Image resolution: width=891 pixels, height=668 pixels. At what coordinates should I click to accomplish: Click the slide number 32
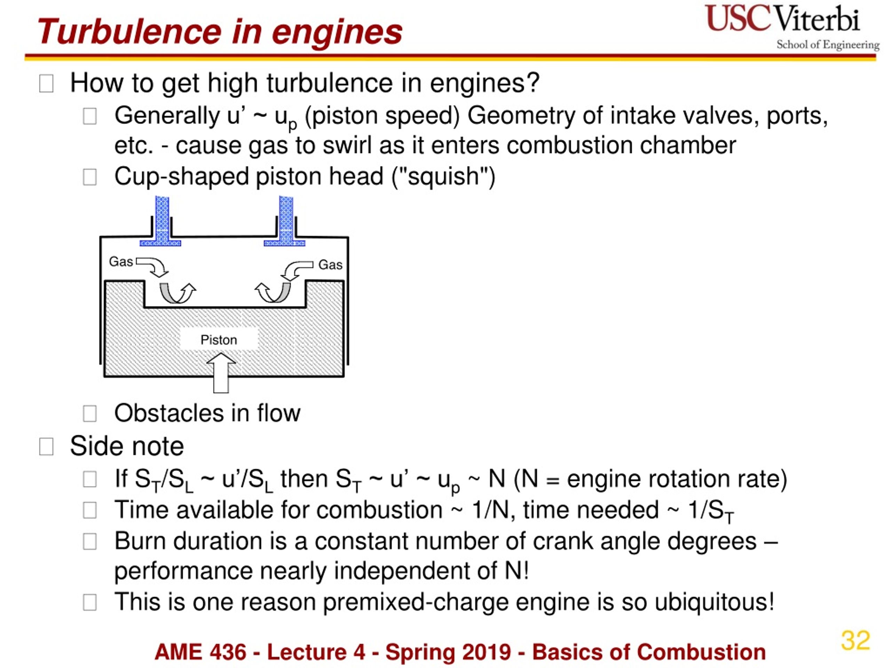(x=855, y=640)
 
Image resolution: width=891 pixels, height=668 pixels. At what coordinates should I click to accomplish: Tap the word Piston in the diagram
(x=219, y=340)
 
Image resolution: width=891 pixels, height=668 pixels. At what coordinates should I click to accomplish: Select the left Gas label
(x=121, y=262)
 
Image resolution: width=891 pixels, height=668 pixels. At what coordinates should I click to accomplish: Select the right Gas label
(x=330, y=265)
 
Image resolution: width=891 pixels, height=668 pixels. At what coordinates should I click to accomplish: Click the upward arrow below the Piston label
(x=221, y=373)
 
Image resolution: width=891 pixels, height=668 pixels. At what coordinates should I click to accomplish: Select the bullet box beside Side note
(x=46, y=446)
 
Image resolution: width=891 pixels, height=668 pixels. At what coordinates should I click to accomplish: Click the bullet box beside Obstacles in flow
(x=89, y=414)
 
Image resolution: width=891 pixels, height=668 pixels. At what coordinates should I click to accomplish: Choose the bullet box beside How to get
(x=46, y=84)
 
